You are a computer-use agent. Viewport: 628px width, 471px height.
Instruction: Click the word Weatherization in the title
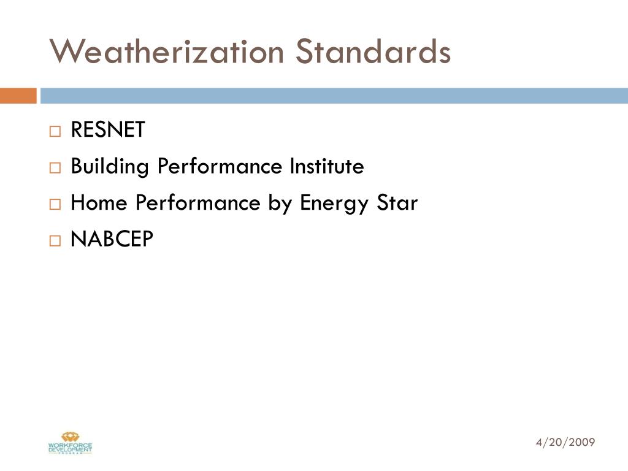pyautogui.click(x=167, y=52)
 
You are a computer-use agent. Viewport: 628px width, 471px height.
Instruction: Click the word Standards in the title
pyautogui.click(x=373, y=52)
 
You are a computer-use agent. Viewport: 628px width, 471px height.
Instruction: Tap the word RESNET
pyautogui.click(x=108, y=130)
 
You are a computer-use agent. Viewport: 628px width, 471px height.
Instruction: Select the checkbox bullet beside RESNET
pyautogui.click(x=56, y=131)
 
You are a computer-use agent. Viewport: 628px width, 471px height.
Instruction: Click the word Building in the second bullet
pyautogui.click(x=110, y=167)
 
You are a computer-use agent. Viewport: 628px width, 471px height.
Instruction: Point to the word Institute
pyautogui.click(x=327, y=166)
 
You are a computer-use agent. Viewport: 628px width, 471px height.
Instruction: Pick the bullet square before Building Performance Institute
pyautogui.click(x=56, y=168)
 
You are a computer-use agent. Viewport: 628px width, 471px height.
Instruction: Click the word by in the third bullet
pyautogui.click(x=280, y=204)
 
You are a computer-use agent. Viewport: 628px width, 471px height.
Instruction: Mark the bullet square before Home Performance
pyautogui.click(x=56, y=205)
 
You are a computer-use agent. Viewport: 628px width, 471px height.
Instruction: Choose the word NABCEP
pyautogui.click(x=112, y=240)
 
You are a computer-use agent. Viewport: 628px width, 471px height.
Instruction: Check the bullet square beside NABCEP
pyautogui.click(x=56, y=242)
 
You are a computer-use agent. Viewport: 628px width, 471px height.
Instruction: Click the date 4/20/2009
pyautogui.click(x=565, y=442)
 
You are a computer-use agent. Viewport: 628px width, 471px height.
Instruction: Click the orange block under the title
pyautogui.click(x=18, y=96)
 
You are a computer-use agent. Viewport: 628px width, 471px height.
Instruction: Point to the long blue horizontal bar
pyautogui.click(x=334, y=96)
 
